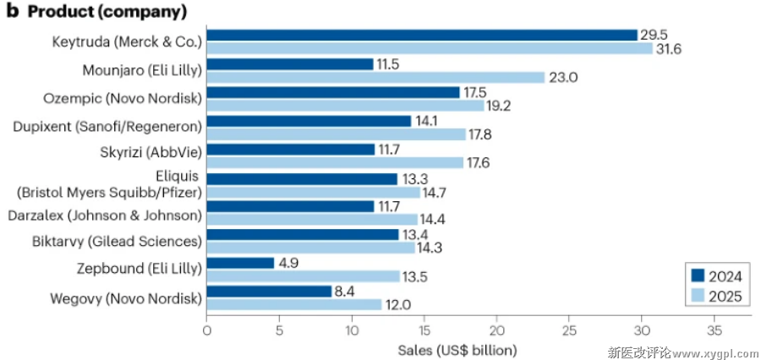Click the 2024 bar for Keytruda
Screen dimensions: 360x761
(421, 35)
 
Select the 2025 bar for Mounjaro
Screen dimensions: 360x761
(375, 78)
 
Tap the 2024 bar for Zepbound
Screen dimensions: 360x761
(241, 263)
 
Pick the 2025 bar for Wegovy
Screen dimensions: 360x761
(293, 305)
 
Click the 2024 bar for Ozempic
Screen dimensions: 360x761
(333, 92)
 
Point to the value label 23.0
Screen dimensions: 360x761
(562, 78)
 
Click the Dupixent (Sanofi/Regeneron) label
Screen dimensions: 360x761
(107, 127)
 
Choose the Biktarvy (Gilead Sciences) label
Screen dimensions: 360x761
(116, 242)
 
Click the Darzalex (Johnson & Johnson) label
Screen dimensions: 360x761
(106, 214)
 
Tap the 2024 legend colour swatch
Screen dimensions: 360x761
(698, 275)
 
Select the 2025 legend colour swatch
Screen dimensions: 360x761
(698, 295)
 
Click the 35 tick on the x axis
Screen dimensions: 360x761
(714, 330)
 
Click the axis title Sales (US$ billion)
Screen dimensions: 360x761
(456, 350)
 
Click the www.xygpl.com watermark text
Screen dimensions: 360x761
(707, 351)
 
